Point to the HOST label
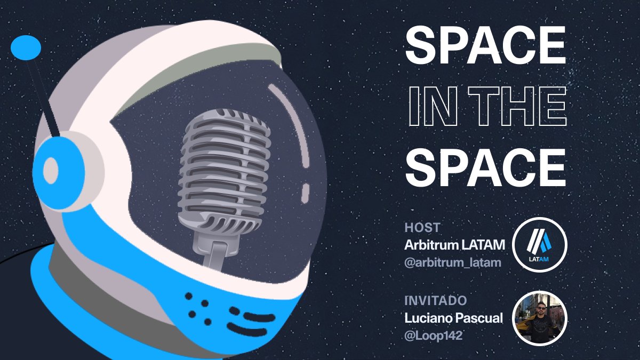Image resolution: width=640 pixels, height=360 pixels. (x=422, y=228)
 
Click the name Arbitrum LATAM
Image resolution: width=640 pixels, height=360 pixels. (x=454, y=245)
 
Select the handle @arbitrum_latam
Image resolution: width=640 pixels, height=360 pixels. (x=453, y=263)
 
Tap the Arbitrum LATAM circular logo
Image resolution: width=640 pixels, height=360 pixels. (x=539, y=245)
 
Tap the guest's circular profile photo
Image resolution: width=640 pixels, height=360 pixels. (x=539, y=318)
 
